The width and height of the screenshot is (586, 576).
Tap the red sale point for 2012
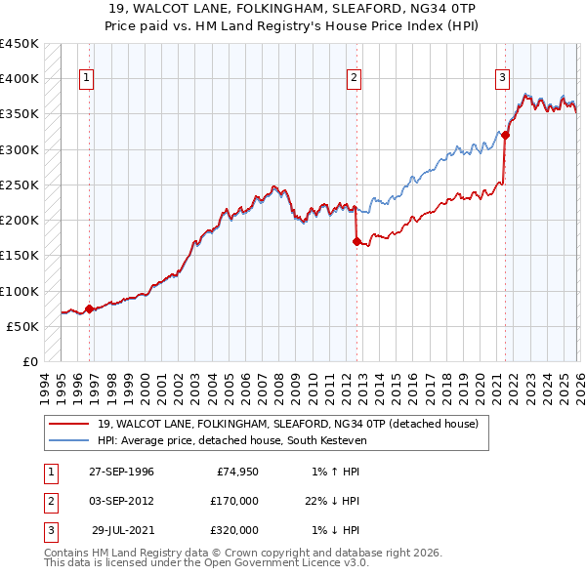coord(356,241)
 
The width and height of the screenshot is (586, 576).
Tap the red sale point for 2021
coord(506,136)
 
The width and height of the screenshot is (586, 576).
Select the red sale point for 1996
coord(90,309)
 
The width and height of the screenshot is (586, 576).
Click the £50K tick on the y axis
coord(23,326)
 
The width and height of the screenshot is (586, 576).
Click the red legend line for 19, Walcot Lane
coord(68,425)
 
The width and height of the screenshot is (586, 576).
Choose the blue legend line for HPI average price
coord(68,440)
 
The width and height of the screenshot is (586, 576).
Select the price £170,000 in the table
coord(233,501)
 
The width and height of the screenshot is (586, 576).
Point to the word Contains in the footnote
coord(70,553)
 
